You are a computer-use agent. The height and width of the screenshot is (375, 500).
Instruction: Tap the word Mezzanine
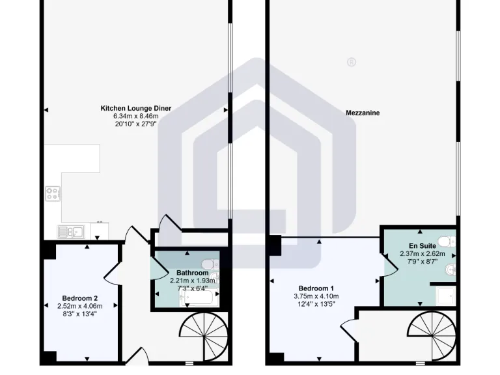(x=363, y=113)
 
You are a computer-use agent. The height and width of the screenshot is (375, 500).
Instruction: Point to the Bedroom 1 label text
(x=316, y=288)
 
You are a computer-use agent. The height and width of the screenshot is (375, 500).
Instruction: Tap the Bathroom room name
(x=192, y=273)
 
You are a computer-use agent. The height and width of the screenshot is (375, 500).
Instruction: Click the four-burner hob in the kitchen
(x=53, y=193)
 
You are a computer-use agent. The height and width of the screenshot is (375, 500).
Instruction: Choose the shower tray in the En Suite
(x=445, y=297)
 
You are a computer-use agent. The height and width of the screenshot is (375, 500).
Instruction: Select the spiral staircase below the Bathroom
(x=203, y=337)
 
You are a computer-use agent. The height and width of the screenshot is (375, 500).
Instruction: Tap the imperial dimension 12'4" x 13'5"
(x=316, y=303)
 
